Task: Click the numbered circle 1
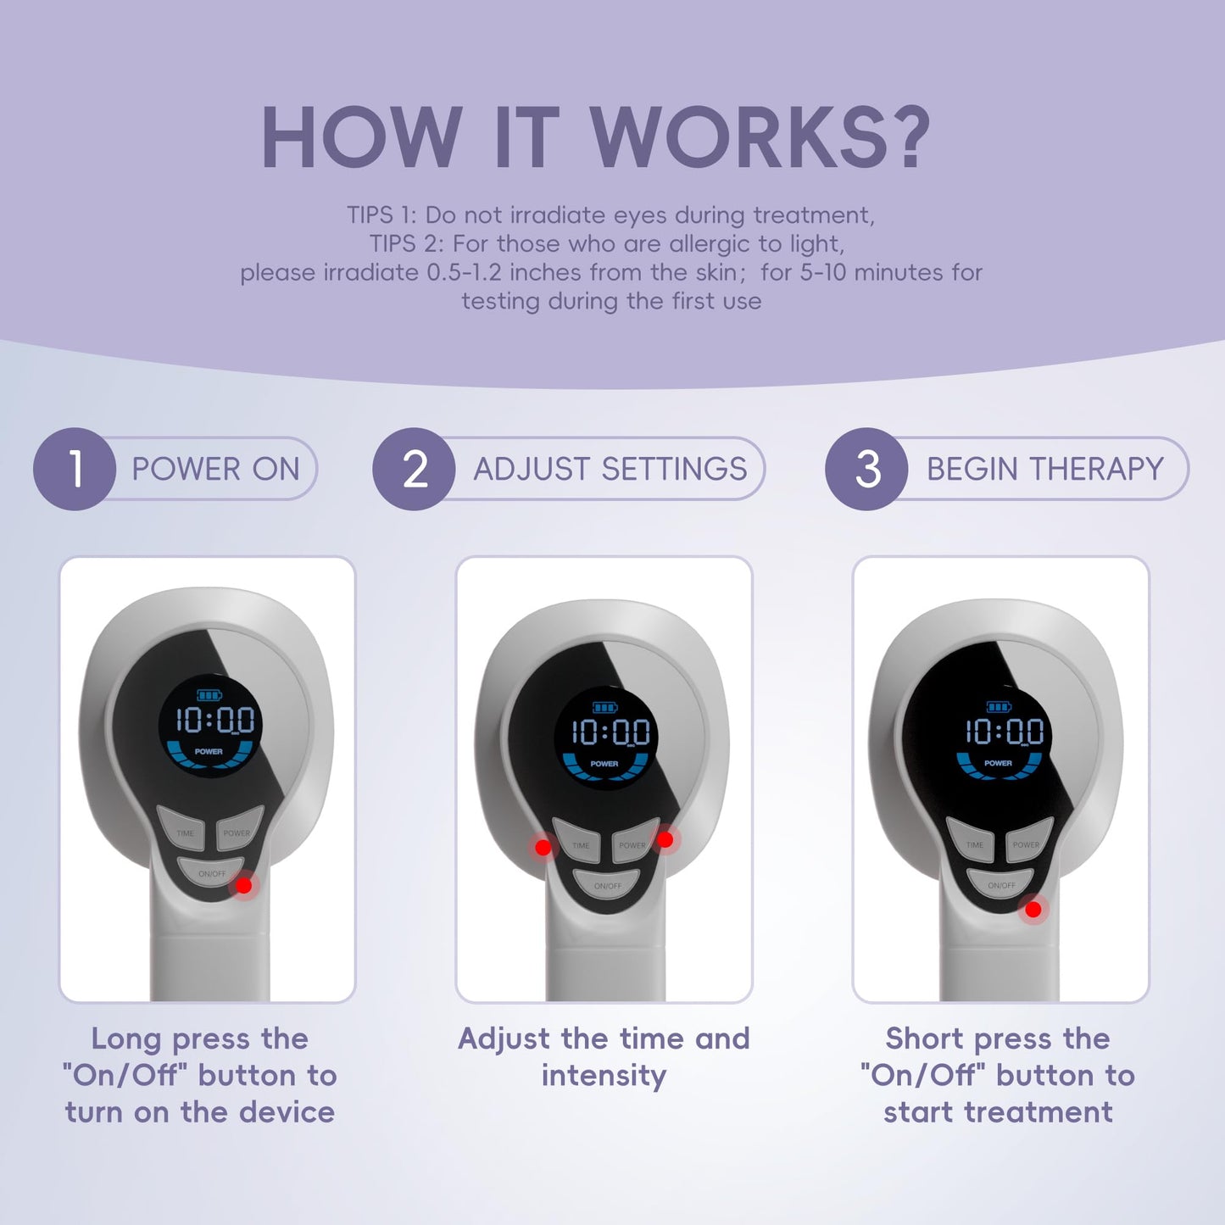75,469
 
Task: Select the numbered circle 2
414,469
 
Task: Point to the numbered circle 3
866,469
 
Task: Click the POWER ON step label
215,469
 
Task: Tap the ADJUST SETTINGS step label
610,469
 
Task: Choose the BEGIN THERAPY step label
1044,469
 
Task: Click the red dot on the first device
244,885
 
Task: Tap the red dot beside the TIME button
543,847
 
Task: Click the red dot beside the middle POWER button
665,839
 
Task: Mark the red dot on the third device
1033,910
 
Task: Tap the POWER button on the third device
1027,842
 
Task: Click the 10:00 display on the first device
214,721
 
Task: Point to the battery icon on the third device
999,707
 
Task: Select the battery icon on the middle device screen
605,708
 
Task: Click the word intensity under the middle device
604,1076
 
